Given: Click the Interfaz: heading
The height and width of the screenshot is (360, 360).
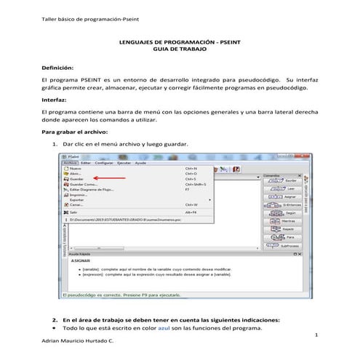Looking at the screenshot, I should (x=58, y=103).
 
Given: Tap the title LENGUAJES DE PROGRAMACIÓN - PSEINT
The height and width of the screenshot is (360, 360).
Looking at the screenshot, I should (x=179, y=43).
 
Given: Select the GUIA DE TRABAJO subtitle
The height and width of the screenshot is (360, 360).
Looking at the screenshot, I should (x=179, y=50).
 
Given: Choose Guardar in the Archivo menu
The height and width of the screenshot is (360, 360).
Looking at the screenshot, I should (x=76, y=179).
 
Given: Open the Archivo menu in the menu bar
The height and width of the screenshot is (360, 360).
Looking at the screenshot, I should (x=70, y=163).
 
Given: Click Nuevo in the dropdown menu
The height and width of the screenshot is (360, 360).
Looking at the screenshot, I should (x=75, y=169).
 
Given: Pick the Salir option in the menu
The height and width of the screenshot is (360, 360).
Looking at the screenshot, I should (x=73, y=212).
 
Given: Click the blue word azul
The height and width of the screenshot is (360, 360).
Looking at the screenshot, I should (x=164, y=328).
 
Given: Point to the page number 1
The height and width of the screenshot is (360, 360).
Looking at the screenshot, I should (x=319, y=335).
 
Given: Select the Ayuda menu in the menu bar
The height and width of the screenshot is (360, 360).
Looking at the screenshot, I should (x=140, y=163).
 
